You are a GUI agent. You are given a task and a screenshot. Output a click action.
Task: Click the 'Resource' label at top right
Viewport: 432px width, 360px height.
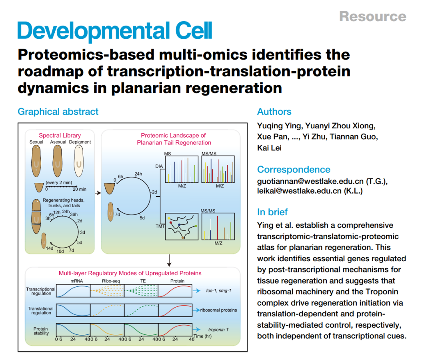point(373,16)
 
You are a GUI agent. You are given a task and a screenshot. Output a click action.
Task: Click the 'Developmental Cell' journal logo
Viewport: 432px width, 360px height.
point(115,31)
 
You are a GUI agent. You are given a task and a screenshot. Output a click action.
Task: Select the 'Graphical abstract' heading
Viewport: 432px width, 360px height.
point(58,112)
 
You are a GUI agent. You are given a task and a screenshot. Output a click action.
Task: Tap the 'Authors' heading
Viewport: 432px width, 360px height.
point(274,112)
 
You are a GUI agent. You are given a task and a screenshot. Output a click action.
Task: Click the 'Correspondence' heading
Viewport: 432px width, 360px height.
point(294,169)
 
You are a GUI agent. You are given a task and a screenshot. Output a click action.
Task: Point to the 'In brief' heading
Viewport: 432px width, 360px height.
point(272,212)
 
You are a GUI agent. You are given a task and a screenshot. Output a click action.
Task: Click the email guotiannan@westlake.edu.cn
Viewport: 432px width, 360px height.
point(310,181)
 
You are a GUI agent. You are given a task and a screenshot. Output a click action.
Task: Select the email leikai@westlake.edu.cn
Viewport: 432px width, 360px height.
point(299,191)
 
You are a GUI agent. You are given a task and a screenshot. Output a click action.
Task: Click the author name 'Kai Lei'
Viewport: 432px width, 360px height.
point(269,148)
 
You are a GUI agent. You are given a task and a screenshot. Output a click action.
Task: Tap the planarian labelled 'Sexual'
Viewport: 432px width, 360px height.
point(36,161)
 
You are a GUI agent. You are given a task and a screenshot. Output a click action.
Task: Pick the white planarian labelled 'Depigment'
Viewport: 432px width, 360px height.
point(79,161)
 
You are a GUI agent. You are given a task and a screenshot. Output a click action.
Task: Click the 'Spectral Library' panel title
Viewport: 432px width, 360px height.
point(60,135)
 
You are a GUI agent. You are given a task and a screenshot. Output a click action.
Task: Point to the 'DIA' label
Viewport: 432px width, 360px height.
point(159,166)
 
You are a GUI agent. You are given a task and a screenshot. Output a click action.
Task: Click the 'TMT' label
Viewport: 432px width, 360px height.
point(160,226)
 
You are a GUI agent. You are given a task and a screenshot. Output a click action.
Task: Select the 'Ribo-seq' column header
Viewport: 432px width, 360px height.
point(111,281)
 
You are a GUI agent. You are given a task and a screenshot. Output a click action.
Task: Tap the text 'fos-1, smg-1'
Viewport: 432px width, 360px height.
point(218,290)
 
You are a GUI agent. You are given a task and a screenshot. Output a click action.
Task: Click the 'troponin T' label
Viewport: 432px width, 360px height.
point(218,330)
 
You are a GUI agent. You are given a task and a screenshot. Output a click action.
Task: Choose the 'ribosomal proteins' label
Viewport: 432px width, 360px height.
point(218,310)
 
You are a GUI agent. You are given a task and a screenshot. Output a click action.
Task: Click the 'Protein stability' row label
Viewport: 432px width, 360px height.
point(41,331)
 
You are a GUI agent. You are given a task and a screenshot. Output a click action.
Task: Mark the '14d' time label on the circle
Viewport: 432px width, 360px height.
point(50,248)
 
